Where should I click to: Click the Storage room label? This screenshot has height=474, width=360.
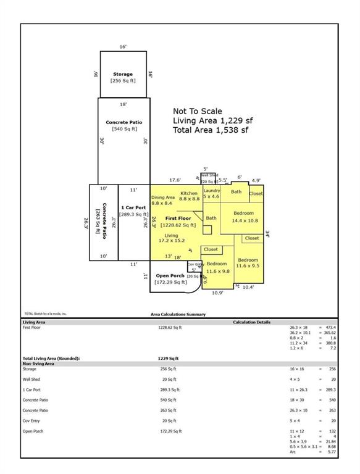pos(123,74)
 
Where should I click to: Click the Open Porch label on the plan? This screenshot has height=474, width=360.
pos(171,276)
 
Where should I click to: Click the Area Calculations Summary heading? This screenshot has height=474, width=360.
pos(178,314)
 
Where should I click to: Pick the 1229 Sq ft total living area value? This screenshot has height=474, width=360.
pos(168,358)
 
